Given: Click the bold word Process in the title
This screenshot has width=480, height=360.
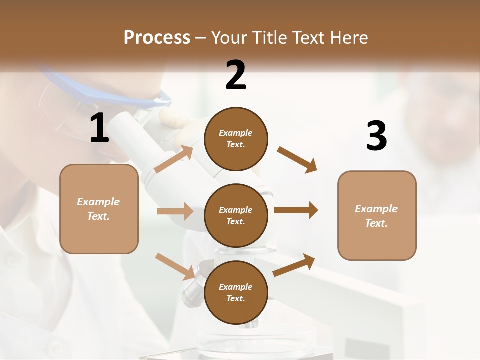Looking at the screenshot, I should pos(157,37).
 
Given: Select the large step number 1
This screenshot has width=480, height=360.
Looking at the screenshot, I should pos(99,128).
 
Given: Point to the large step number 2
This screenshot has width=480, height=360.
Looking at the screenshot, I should pos(236,75).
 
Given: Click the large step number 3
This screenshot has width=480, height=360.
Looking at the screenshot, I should pos(376,136).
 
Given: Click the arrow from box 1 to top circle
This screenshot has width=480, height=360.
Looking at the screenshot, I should pos(173,159).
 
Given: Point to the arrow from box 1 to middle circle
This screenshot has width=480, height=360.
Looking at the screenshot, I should pos(175,211).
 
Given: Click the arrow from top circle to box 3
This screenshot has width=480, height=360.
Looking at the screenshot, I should pos(297,159).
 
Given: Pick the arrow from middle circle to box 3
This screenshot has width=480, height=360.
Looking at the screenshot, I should pos(296,210).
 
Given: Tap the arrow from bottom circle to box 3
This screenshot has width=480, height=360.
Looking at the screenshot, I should pos(294,265).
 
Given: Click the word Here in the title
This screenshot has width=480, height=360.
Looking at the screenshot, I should pos(347,37).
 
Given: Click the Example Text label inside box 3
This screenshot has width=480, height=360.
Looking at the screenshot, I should pos(376,216).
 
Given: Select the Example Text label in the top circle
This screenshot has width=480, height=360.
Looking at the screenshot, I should pos(236,138).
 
